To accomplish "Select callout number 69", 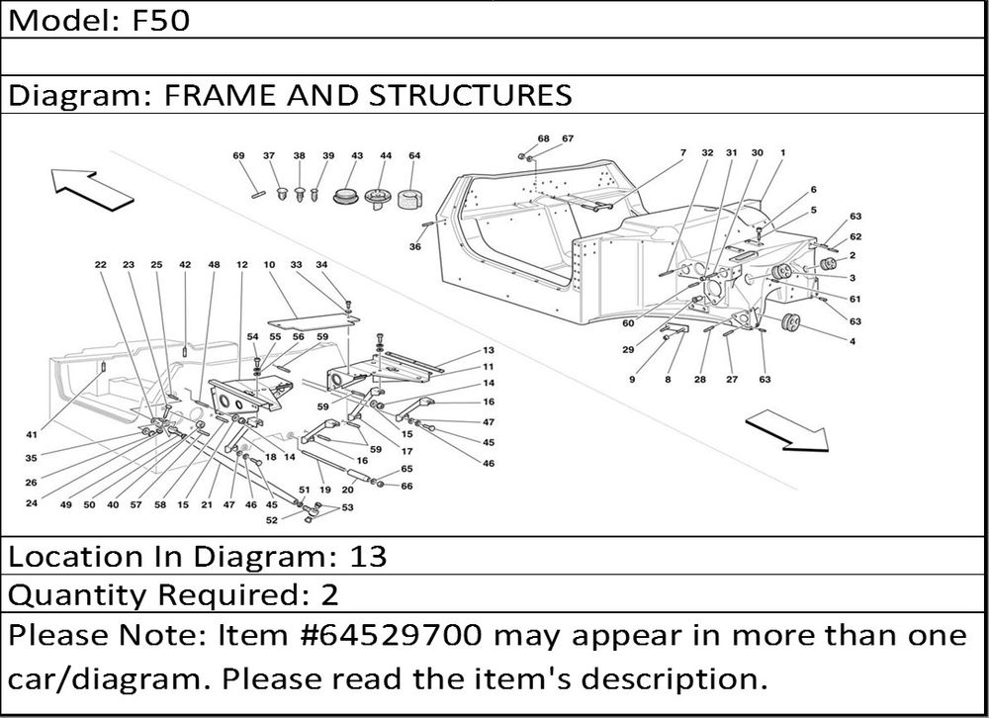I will pos(238,156).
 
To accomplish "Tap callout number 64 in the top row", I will pos(414,156).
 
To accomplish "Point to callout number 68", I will pos(543,138).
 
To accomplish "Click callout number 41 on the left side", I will pos(33,434).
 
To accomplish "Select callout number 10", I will pos(268,265).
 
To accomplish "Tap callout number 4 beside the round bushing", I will pos(852,341).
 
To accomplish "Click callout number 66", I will pos(406,486).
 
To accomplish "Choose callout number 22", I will pos(100,265).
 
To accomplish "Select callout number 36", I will pos(415,247).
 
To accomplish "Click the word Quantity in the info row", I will pos(75,595).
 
